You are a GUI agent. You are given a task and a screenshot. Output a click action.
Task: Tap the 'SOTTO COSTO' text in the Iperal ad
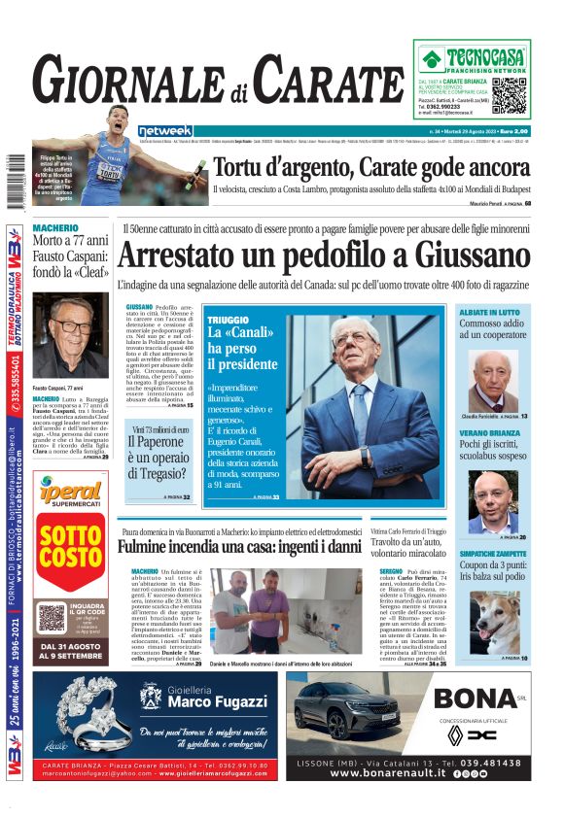pyautogui.click(x=70, y=547)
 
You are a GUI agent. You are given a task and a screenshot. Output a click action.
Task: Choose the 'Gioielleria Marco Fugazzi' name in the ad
pyautogui.click(x=211, y=699)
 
